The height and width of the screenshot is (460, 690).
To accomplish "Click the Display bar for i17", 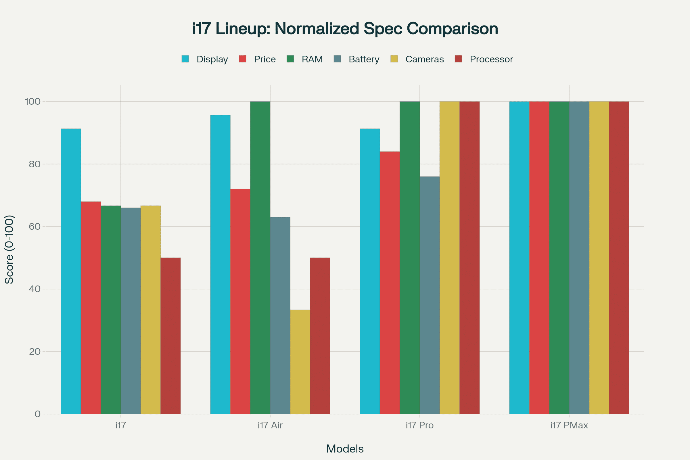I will [71, 271].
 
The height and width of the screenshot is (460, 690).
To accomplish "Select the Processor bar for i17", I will [170, 336].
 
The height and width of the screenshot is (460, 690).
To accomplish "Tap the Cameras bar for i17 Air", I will [300, 362].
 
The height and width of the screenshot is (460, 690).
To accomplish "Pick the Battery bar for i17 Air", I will [280, 315].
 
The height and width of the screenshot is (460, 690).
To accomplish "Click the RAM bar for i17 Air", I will [260, 258].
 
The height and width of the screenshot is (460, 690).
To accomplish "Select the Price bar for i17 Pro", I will [390, 283].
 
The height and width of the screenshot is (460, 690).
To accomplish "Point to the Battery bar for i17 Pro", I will [430, 295].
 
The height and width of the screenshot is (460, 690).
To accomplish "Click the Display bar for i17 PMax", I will [519, 258].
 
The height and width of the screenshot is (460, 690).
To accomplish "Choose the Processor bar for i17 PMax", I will [619, 258].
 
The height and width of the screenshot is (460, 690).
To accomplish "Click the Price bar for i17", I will [91, 307].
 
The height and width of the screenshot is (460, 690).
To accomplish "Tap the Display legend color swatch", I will [185, 59].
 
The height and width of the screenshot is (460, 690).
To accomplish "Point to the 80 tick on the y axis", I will [34, 164].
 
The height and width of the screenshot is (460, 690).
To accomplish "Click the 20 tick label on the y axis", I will [34, 351].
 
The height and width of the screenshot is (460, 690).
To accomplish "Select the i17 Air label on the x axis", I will [270, 425].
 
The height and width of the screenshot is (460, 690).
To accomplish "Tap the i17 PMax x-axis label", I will [569, 425].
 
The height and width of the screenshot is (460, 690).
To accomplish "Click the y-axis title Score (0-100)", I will [9, 249].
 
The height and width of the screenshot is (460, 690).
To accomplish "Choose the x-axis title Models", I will [345, 449].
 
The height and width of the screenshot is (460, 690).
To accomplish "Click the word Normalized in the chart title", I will [317, 29].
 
